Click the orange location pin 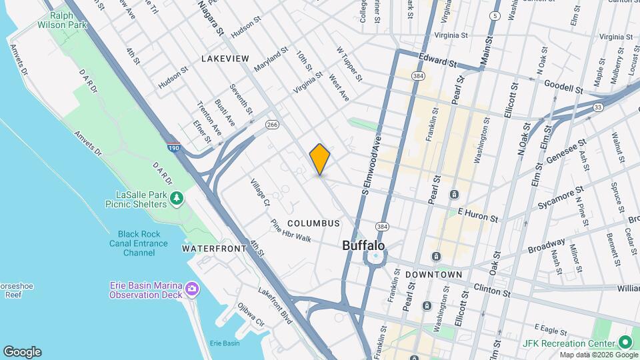coord(320,159)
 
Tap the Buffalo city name coord(363,245)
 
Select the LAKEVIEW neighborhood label coord(225,59)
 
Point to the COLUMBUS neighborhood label coord(313,223)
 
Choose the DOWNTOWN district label coord(434,275)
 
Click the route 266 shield coord(272,125)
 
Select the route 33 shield coord(598,107)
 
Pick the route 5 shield coord(494,15)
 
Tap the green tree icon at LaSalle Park coord(177,198)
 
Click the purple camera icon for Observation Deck coord(193,289)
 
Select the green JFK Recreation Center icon coord(625,342)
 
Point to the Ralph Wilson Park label coord(70,20)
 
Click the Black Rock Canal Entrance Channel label coord(139,243)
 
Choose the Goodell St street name coord(563,86)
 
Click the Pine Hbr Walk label coord(291,230)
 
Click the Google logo coord(22,352)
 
